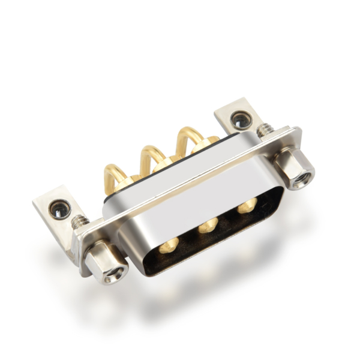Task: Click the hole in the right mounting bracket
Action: (241, 121)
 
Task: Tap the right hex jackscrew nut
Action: (294, 169)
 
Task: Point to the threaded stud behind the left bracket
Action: (78, 221)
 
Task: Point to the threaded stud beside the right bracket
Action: (264, 130)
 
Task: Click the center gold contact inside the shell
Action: (208, 225)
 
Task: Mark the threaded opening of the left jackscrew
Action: (110, 276)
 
